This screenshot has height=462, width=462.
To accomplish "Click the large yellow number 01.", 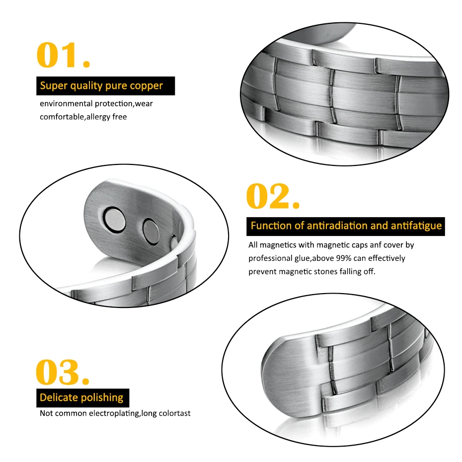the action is pos(63,55).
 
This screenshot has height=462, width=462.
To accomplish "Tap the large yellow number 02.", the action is pos(273,196).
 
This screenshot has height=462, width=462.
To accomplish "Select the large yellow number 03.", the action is pos(62,372).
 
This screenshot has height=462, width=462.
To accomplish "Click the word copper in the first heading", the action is pos(147,86).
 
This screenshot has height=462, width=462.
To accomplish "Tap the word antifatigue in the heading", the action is pos(416,226).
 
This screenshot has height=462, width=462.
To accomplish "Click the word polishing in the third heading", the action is pos(102,398).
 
